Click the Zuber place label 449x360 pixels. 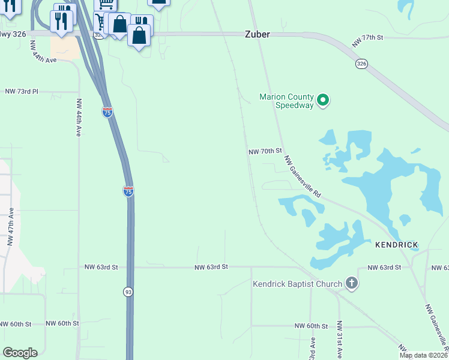pyautogui.click(x=257, y=35)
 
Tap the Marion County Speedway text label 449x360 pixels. pyautogui.click(x=286, y=101)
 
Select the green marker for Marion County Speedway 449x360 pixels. pyautogui.click(x=323, y=100)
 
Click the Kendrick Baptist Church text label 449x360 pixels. pyautogui.click(x=297, y=284)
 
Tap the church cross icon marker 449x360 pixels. pyautogui.click(x=352, y=284)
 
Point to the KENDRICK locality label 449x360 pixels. pyautogui.click(x=396, y=245)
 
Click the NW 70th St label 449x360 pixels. pyautogui.click(x=265, y=152)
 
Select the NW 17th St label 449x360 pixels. pyautogui.click(x=367, y=38)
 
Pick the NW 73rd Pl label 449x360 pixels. pyautogui.click(x=22, y=91)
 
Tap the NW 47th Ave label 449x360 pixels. pyautogui.click(x=11, y=228)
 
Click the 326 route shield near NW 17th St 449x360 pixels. pyautogui.click(x=361, y=64)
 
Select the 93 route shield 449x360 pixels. pyautogui.click(x=128, y=292)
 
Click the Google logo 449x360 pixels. pyautogui.click(x=20, y=353)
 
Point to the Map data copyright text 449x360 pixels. pyautogui.click(x=423, y=355)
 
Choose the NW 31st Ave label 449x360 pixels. pyautogui.click(x=339, y=340)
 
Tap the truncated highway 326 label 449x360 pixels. pyautogui.click(x=13, y=34)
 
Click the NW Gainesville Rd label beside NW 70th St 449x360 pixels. pyautogui.click(x=304, y=177)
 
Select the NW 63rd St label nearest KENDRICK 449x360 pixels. pyautogui.click(x=384, y=267)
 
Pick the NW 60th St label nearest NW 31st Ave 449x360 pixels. pyautogui.click(x=312, y=326)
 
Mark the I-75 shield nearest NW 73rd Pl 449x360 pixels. pyautogui.click(x=107, y=112)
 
